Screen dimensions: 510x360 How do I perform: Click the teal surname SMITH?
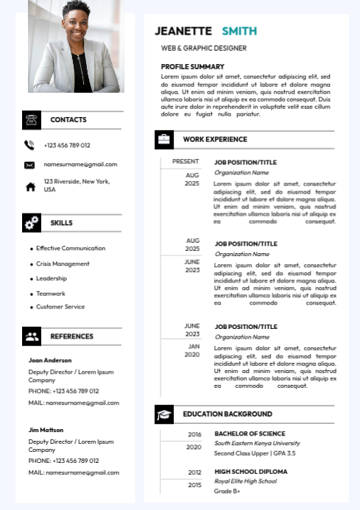pos(239,31)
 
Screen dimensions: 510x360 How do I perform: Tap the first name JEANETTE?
pos(183,31)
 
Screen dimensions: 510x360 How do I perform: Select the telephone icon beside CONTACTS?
pos(32,120)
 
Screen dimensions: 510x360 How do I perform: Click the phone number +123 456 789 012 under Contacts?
pos(67,146)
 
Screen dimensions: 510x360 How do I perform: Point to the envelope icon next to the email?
pos(29,165)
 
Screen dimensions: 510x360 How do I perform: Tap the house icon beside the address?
pos(30,187)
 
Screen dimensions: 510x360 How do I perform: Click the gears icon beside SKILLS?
pos(32,223)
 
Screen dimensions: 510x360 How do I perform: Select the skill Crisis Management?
pos(63,263)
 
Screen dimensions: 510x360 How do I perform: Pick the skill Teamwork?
pos(51,294)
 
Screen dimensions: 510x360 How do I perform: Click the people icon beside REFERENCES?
pos(32,337)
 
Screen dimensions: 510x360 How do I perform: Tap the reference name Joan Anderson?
pos(50,361)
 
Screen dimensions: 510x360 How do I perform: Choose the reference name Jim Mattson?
pos(46,430)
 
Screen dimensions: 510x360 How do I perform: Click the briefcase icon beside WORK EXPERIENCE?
pos(164,139)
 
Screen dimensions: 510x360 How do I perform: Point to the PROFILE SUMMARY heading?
pos(193,67)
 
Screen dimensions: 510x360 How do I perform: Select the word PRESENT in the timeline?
pos(186,161)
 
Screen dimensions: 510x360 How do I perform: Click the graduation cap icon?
pos(164,415)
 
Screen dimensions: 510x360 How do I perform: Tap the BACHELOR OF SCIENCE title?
pos(250,433)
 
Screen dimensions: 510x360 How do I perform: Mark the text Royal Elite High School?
pos(245,481)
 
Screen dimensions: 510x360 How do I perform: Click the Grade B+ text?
pos(227,491)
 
